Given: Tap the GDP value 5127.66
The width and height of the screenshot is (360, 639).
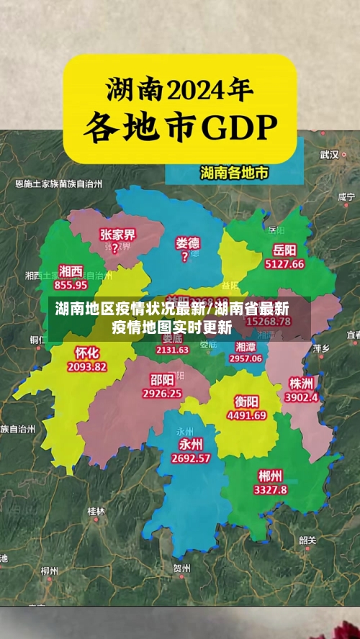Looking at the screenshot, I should pos(284,264).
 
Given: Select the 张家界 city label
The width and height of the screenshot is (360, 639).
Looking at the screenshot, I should pos(117,235).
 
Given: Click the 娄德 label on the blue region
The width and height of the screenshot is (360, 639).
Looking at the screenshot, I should pos(188,243).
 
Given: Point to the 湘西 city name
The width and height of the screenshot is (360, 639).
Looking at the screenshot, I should pos(71,271).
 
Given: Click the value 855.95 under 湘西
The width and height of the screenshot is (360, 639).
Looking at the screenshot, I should pos(71,284).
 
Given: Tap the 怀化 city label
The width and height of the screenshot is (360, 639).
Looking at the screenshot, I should pos(87,353).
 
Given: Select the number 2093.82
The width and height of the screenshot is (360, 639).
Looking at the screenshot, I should pos(86,366).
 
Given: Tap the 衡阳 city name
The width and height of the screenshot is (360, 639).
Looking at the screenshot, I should pos(247,402).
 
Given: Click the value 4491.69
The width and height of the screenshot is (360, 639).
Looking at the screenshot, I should pos(246,415).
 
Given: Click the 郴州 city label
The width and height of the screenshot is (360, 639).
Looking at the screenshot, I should pos(270,476).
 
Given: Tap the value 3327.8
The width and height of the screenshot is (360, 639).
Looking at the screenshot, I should pos(270,489).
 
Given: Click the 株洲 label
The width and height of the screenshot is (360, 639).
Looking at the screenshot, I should pos(301,383).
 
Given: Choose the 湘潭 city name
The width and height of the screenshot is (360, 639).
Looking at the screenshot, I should pos(246,346).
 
